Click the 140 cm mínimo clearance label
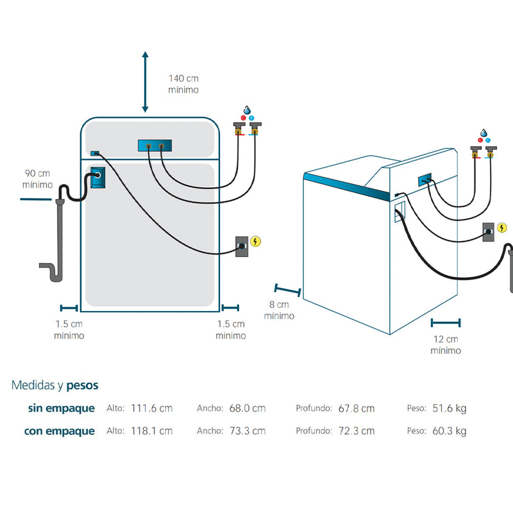(x=183, y=84)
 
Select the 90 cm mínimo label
(x=37, y=179)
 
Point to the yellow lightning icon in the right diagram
(x=502, y=227)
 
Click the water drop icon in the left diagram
(x=247, y=110)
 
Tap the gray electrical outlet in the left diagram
(x=242, y=246)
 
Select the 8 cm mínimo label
(x=279, y=310)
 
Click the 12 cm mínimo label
(x=446, y=345)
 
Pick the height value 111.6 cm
(x=151, y=408)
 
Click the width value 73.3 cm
(x=247, y=431)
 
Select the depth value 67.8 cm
(x=357, y=408)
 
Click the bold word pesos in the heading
(x=83, y=385)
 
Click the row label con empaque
(x=59, y=431)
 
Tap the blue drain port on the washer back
(x=97, y=178)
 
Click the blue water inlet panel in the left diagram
(x=155, y=147)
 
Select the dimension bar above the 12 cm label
(x=446, y=323)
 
